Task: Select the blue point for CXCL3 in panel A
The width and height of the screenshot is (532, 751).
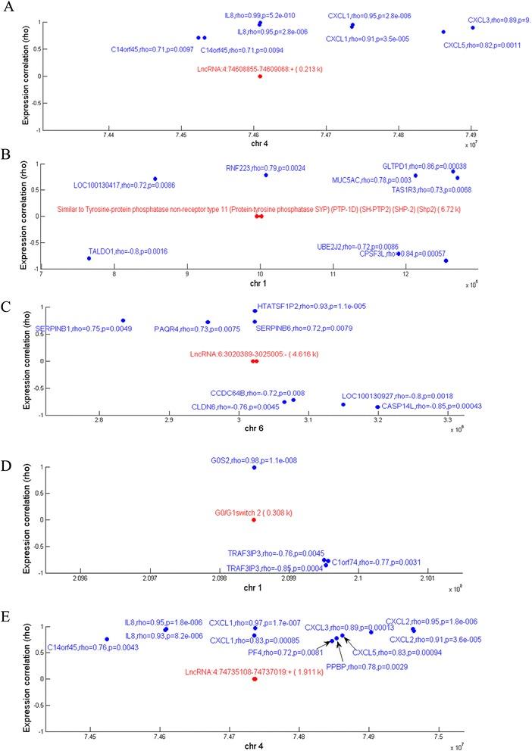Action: click(472, 28)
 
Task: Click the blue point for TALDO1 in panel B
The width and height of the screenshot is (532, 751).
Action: click(89, 258)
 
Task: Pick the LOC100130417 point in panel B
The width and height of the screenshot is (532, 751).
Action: click(155, 179)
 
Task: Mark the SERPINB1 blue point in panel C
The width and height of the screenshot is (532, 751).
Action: click(123, 320)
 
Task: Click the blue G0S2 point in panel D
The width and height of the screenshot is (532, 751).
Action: click(254, 467)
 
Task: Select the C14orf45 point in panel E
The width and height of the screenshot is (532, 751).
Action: click(107, 639)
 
